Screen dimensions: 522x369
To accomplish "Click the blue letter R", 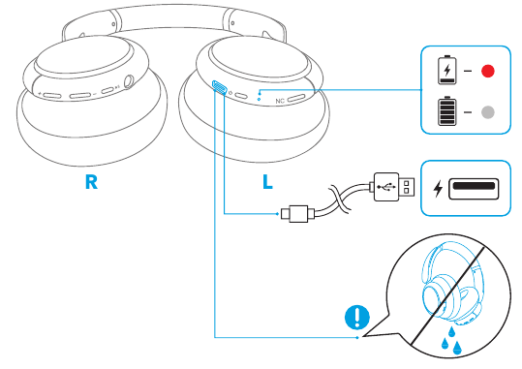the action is coord(91,182).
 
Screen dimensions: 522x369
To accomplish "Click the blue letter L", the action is coord(267,182).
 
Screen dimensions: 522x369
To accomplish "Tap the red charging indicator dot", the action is coord(488,71).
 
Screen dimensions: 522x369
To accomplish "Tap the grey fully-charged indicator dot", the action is coord(488,112).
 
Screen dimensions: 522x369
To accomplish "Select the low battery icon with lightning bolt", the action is coord(447,70).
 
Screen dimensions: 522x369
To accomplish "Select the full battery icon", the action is coord(447,111).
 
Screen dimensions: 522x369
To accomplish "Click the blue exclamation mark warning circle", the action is coord(357,317).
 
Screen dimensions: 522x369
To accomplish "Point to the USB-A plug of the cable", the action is coord(394,187).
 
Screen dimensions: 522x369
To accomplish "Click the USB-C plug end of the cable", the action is coord(294,214).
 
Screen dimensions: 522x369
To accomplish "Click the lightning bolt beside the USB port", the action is coord(438,189).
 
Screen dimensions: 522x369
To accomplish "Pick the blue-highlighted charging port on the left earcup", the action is coord(220,88).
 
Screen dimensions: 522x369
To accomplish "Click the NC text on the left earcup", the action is coord(280,101).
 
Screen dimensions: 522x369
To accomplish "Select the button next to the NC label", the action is coord(296,98).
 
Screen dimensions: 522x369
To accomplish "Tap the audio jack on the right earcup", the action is coord(129,82).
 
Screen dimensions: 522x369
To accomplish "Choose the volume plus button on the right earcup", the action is coord(51,96).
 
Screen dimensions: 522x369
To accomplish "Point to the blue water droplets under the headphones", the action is coord(451,340).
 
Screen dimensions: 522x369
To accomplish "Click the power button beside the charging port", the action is coord(241,96).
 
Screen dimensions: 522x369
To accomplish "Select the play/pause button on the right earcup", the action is coord(107,90).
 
